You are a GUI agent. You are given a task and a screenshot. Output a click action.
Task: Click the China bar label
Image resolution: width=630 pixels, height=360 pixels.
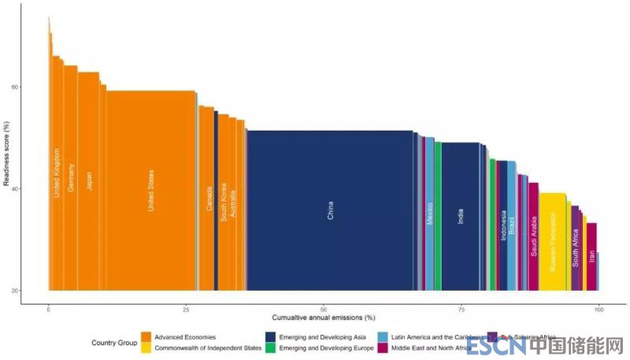331,210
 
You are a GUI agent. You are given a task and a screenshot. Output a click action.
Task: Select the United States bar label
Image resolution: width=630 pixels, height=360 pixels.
152,191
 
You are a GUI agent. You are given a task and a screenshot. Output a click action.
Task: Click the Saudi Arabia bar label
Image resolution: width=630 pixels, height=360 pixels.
534,236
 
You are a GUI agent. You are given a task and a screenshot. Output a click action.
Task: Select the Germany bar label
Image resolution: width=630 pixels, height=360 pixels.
71,178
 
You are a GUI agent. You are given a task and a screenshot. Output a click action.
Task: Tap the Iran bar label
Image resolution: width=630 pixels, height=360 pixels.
591,256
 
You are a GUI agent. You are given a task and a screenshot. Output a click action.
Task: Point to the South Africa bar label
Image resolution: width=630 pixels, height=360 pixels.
576,248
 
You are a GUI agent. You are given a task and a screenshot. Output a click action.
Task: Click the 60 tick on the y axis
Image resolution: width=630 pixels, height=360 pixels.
36,87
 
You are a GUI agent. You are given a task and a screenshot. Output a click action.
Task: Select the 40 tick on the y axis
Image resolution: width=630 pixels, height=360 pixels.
36,188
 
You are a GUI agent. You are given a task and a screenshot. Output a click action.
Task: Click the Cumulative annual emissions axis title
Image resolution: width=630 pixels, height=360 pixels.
324,317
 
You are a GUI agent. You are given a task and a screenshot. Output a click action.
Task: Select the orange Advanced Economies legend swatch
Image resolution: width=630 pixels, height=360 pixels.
146,338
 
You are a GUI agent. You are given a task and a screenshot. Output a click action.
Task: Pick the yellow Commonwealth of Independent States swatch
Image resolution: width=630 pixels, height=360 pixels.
146,347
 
